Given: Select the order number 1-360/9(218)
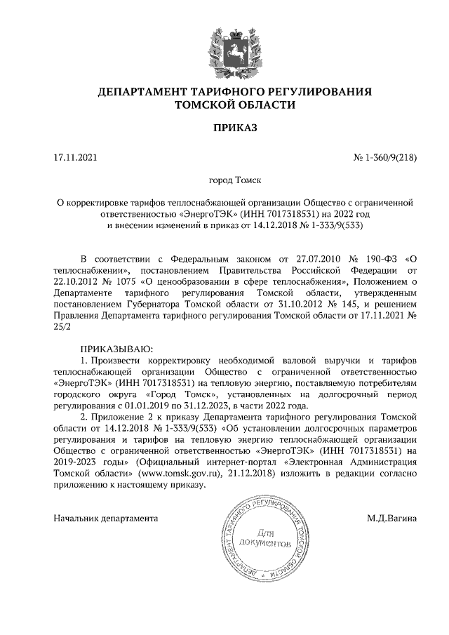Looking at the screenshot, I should [390, 158].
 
